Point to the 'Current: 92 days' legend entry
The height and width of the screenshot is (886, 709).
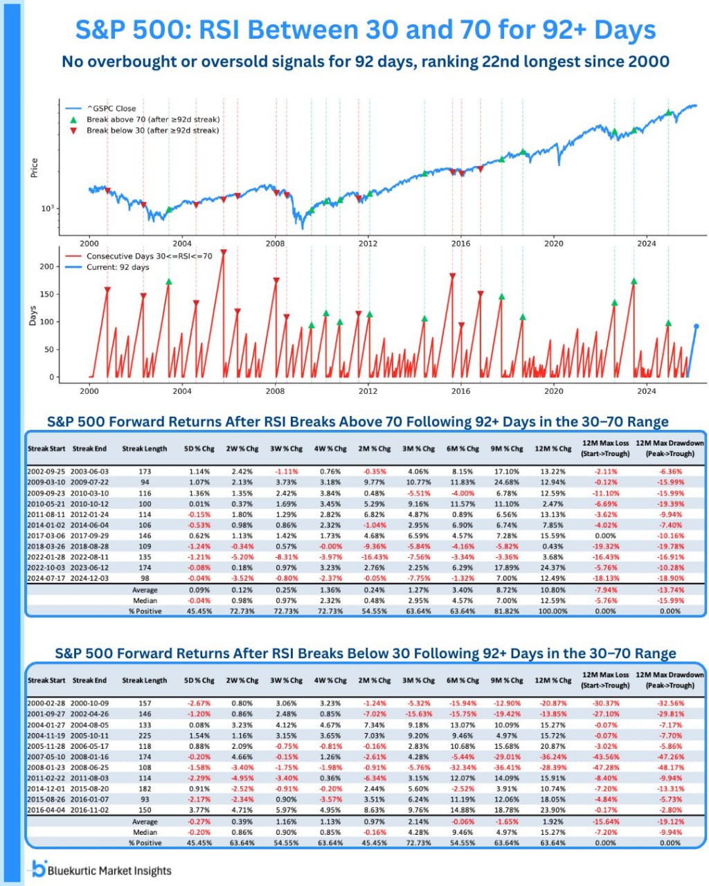coord(117,267)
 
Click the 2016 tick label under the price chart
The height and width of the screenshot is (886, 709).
coord(460,244)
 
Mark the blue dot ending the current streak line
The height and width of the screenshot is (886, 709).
coord(697,326)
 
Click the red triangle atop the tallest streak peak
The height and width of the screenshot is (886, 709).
coord(223,252)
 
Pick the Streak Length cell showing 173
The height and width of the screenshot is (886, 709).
coord(145,471)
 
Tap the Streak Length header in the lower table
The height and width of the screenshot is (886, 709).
coord(145,680)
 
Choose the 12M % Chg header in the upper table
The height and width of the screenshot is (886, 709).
coord(553,449)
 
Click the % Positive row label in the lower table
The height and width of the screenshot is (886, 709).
coord(145,842)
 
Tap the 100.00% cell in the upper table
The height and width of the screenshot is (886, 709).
coord(553,611)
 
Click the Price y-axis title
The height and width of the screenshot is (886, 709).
coord(34,168)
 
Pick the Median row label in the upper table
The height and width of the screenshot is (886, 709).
coord(145,601)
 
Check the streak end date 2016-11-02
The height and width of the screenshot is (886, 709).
coord(89,810)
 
